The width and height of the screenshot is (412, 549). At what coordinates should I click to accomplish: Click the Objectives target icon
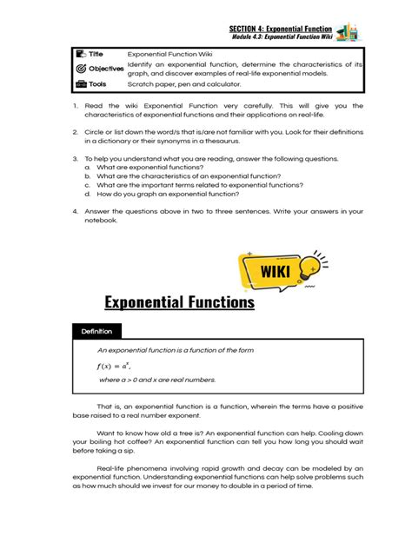click(x=81, y=69)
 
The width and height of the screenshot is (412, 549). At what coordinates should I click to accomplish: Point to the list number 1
click(x=76, y=106)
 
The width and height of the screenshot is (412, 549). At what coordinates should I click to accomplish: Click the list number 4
click(x=76, y=211)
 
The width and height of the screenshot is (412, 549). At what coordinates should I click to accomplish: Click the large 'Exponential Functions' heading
click(x=179, y=302)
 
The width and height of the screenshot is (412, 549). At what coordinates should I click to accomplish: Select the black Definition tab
click(x=97, y=331)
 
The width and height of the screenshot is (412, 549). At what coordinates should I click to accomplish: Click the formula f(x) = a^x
click(x=119, y=366)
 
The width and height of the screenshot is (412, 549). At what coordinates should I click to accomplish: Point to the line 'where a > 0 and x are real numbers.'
click(x=157, y=380)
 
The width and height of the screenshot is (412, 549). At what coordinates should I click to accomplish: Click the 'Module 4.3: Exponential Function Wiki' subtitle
click(x=282, y=38)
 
